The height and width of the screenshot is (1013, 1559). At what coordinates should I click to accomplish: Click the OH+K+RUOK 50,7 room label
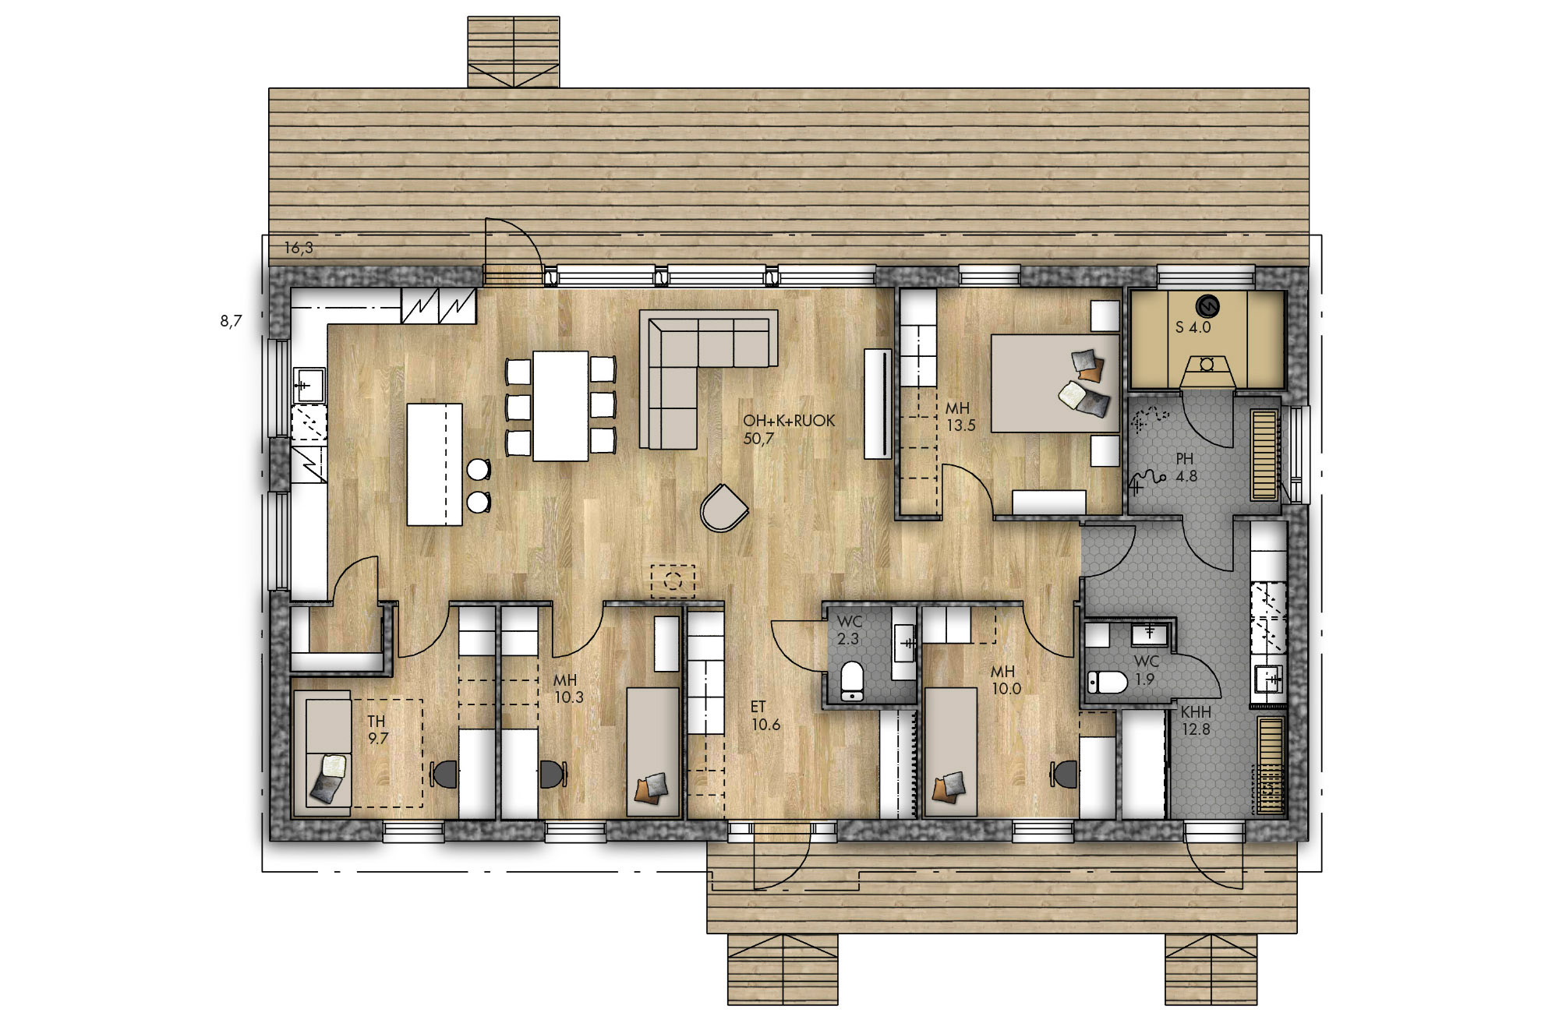point(788,429)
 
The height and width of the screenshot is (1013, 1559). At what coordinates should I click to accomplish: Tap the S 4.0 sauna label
point(1193,327)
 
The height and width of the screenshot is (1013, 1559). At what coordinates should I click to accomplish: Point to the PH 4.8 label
point(1185,468)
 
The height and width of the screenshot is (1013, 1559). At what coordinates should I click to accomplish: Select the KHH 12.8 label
point(1195,721)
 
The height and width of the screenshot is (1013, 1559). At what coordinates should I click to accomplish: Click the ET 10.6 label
point(765,715)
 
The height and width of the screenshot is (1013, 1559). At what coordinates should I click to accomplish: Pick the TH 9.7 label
point(377,730)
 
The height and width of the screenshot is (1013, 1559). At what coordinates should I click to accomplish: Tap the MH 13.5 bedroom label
point(960,417)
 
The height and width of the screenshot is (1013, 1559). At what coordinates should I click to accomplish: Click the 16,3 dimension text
point(299,248)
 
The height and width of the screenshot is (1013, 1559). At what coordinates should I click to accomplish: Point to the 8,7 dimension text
point(232,321)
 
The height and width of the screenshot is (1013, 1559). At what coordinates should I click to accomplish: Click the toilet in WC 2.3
point(851,681)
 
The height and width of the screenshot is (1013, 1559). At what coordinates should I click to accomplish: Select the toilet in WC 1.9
point(1107,683)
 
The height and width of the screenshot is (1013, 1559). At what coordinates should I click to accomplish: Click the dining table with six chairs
point(560,405)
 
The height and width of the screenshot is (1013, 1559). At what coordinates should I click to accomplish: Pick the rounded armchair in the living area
point(723,508)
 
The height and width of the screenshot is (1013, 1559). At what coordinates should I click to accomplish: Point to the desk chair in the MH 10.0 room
point(1066,774)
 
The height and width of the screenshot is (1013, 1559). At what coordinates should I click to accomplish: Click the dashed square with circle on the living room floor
point(673,581)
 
